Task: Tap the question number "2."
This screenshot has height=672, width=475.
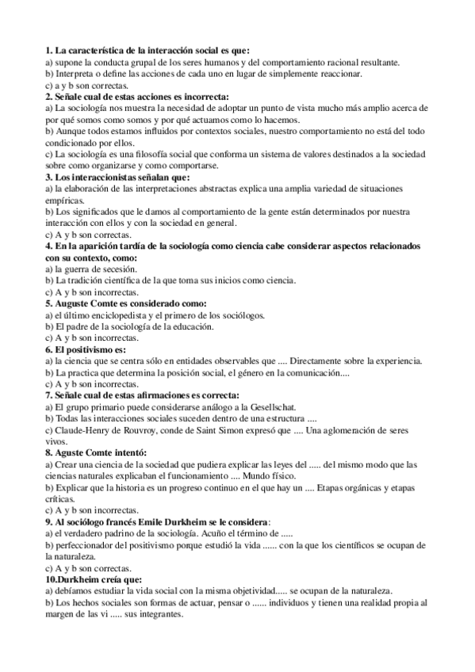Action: coord(49,95)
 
